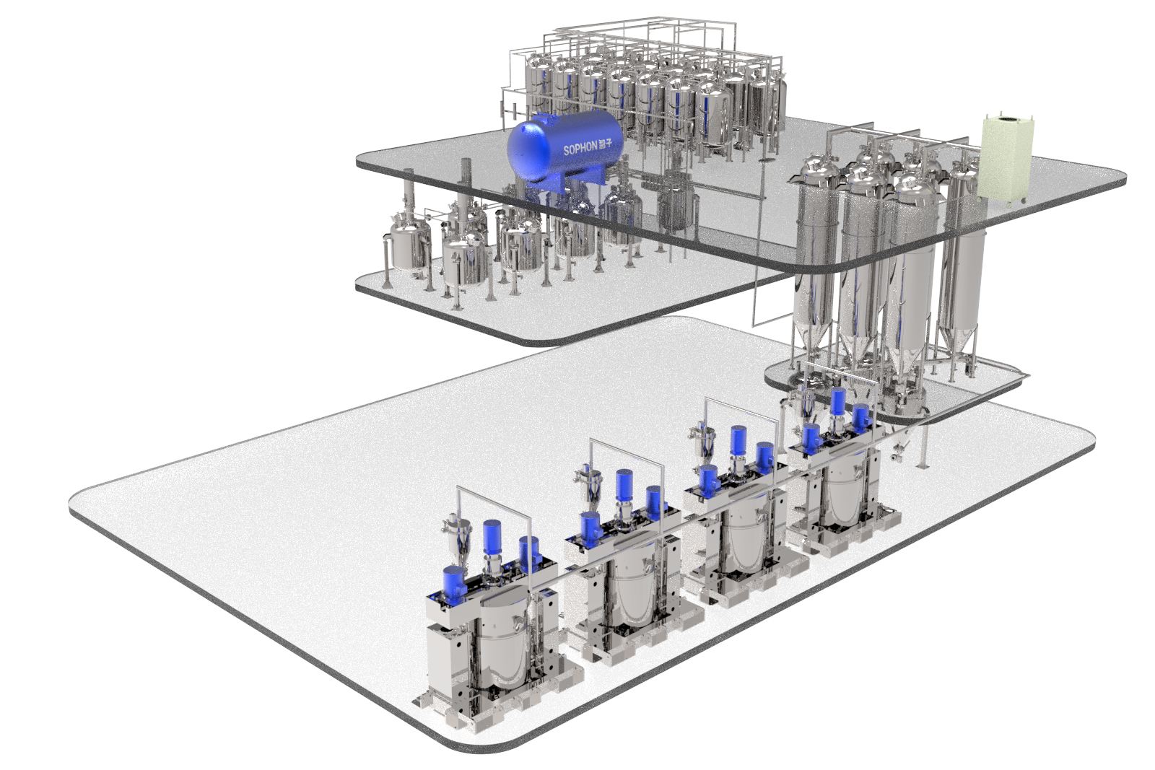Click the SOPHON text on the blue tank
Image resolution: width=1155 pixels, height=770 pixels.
580,148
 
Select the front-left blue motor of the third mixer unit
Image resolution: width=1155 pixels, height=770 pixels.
707,478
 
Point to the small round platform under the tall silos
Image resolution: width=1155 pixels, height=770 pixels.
895,390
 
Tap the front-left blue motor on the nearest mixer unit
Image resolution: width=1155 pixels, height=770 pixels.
453,582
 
